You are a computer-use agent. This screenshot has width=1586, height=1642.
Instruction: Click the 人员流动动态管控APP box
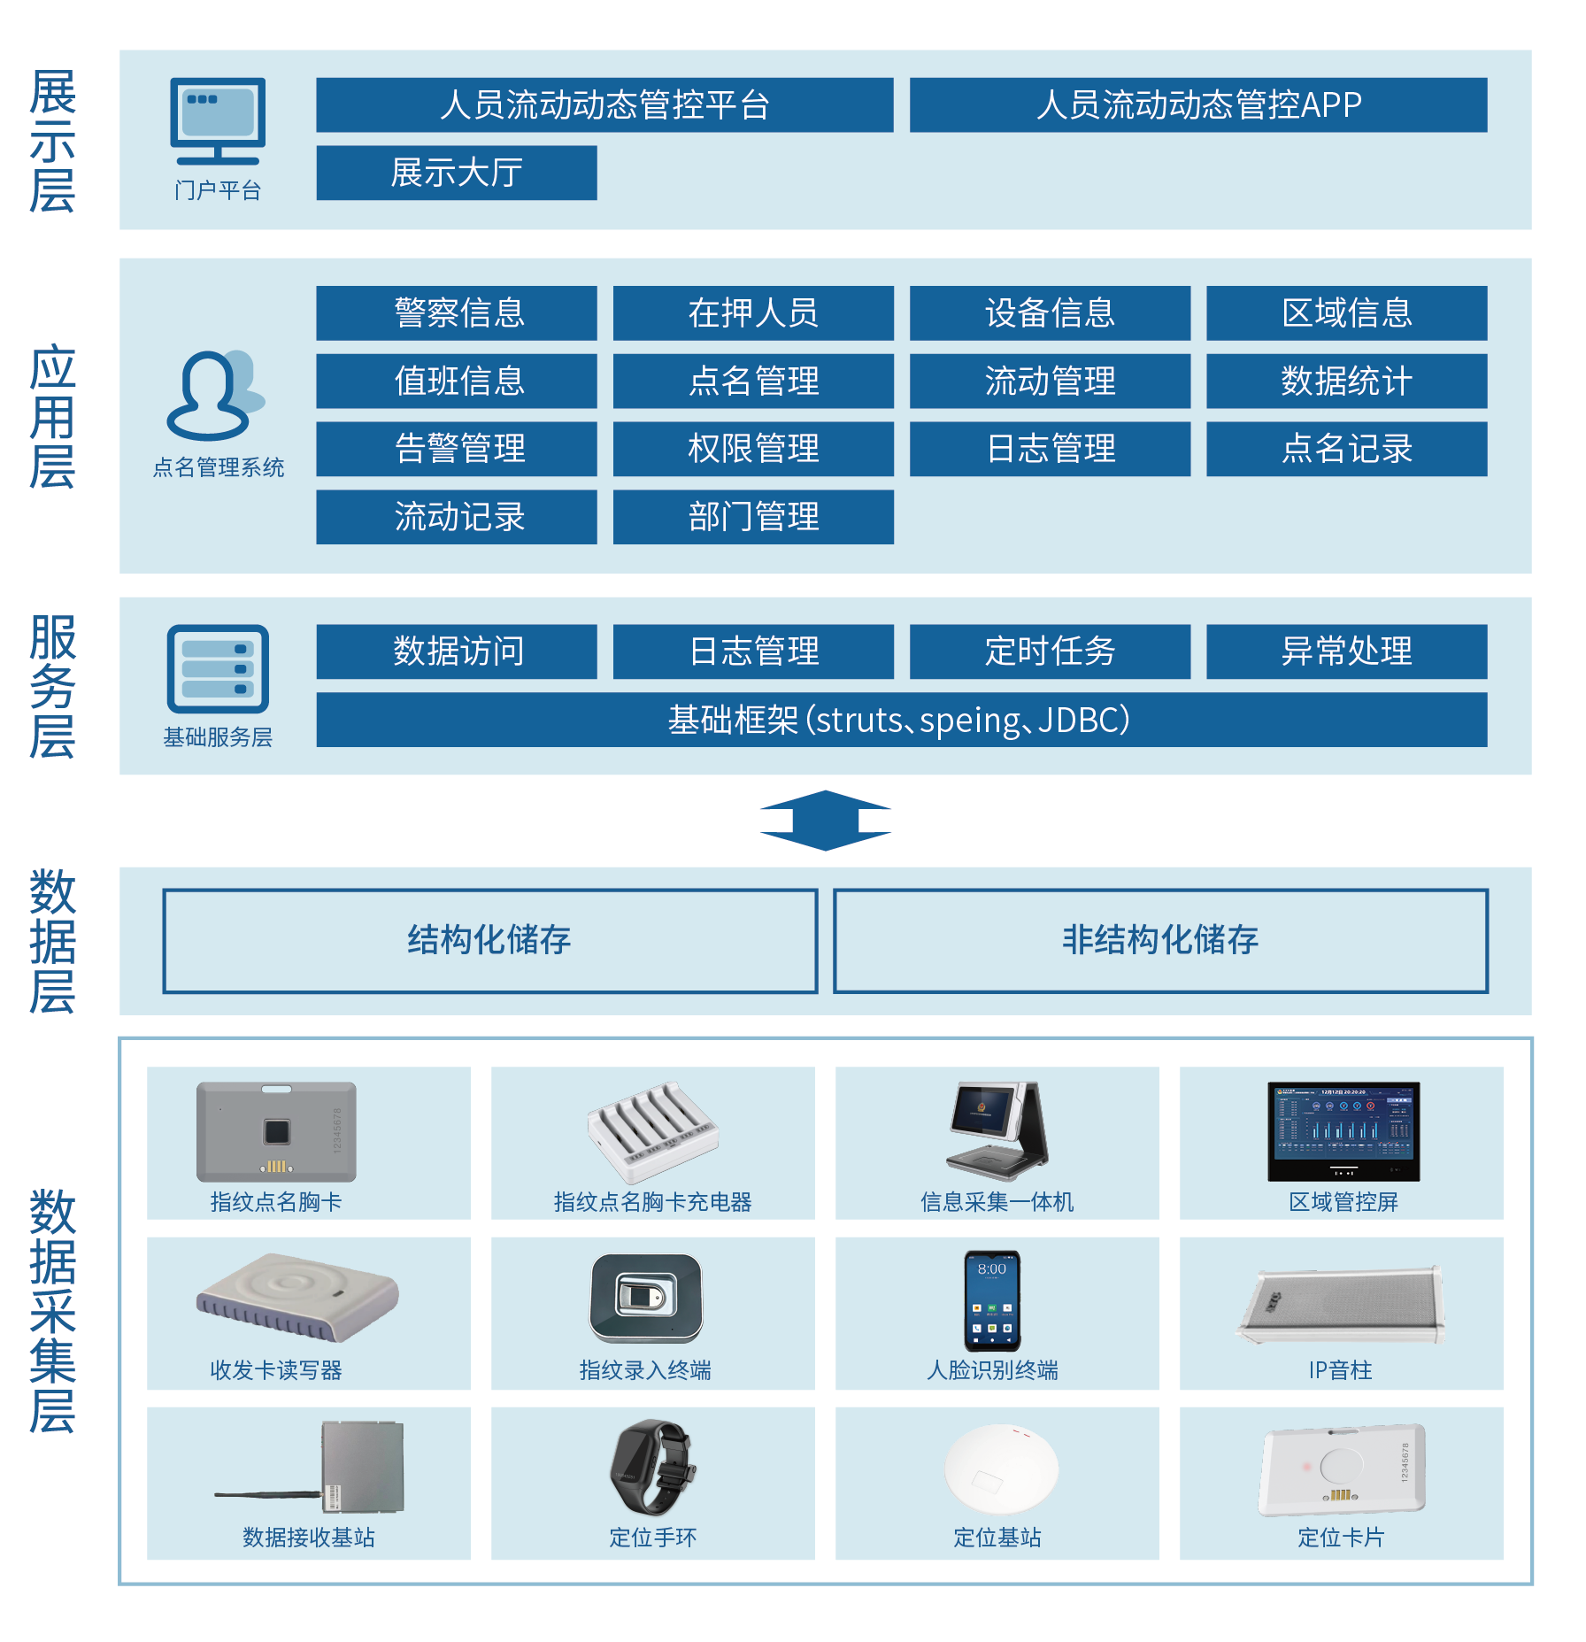pos(1197,105)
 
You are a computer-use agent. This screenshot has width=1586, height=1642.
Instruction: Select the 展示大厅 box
pos(456,173)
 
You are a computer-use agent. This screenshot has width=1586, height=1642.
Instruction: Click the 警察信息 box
pos(456,313)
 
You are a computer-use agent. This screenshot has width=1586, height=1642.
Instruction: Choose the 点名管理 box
pos(752,382)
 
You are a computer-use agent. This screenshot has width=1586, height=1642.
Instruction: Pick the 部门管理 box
pos(752,517)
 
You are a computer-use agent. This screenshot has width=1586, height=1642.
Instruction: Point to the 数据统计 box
pos(1345,382)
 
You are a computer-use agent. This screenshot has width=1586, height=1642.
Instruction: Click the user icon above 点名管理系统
pos(212,396)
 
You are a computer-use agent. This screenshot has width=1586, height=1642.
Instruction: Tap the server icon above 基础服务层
pos(218,669)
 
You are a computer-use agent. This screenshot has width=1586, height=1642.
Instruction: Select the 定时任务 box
pos(1049,652)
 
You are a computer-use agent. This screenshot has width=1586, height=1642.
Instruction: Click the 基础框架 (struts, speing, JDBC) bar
pos(901,721)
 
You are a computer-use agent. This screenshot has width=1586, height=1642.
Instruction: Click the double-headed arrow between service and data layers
pos(825,821)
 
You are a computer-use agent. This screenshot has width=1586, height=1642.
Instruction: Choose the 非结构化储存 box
pos(1159,941)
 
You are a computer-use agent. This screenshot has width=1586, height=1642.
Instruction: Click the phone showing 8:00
pos(992,1300)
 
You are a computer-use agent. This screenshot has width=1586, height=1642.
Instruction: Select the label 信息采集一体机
pos(997,1202)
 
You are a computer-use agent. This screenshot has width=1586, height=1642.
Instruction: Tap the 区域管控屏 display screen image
pos(1343,1131)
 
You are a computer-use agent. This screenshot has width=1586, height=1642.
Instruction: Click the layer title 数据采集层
pos(52,1311)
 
